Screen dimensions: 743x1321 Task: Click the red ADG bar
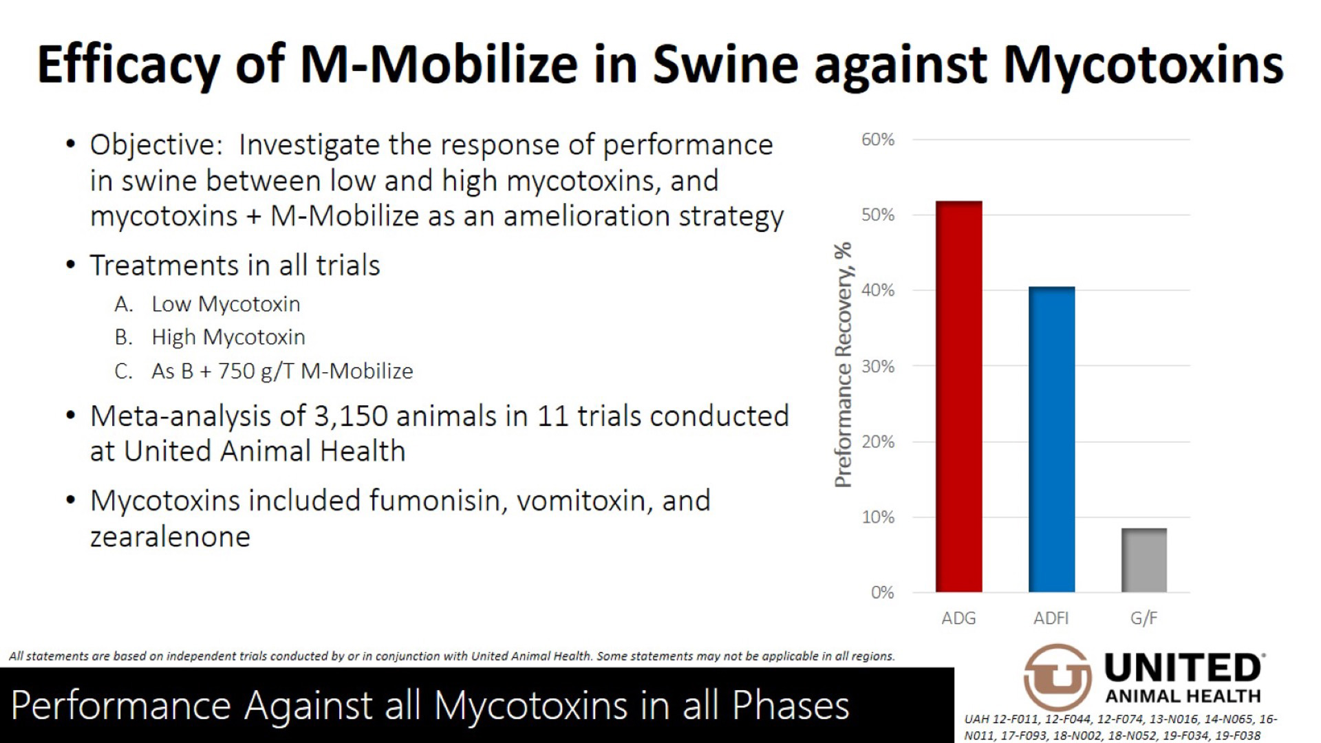(958, 396)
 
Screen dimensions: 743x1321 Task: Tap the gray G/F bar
(1143, 560)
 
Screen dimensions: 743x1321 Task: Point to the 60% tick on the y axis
(878, 140)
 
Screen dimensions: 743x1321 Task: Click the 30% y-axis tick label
(878, 366)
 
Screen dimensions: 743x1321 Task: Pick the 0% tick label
(882, 592)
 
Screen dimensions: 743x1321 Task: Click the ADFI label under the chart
(1051, 618)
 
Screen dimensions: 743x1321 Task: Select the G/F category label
(1143, 618)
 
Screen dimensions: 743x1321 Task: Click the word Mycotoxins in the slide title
(1143, 64)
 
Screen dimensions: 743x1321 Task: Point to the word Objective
(155, 145)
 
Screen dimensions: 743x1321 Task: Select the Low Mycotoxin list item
(226, 304)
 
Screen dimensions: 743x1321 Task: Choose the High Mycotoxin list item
(228, 337)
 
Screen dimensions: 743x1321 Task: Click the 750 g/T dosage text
(256, 371)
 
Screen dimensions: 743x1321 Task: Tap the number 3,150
(350, 416)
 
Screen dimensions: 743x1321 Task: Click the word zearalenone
(170, 537)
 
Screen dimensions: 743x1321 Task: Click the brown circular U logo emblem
(1057, 677)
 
